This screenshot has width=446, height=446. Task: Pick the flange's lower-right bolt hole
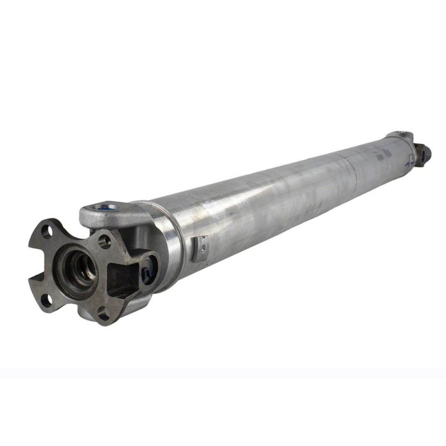(103, 312)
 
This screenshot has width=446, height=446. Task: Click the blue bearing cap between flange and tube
(149, 271)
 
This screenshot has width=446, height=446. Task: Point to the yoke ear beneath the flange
(137, 306)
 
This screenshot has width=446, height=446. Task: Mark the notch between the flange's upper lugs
(75, 229)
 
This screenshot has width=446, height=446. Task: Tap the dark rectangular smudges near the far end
(382, 155)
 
